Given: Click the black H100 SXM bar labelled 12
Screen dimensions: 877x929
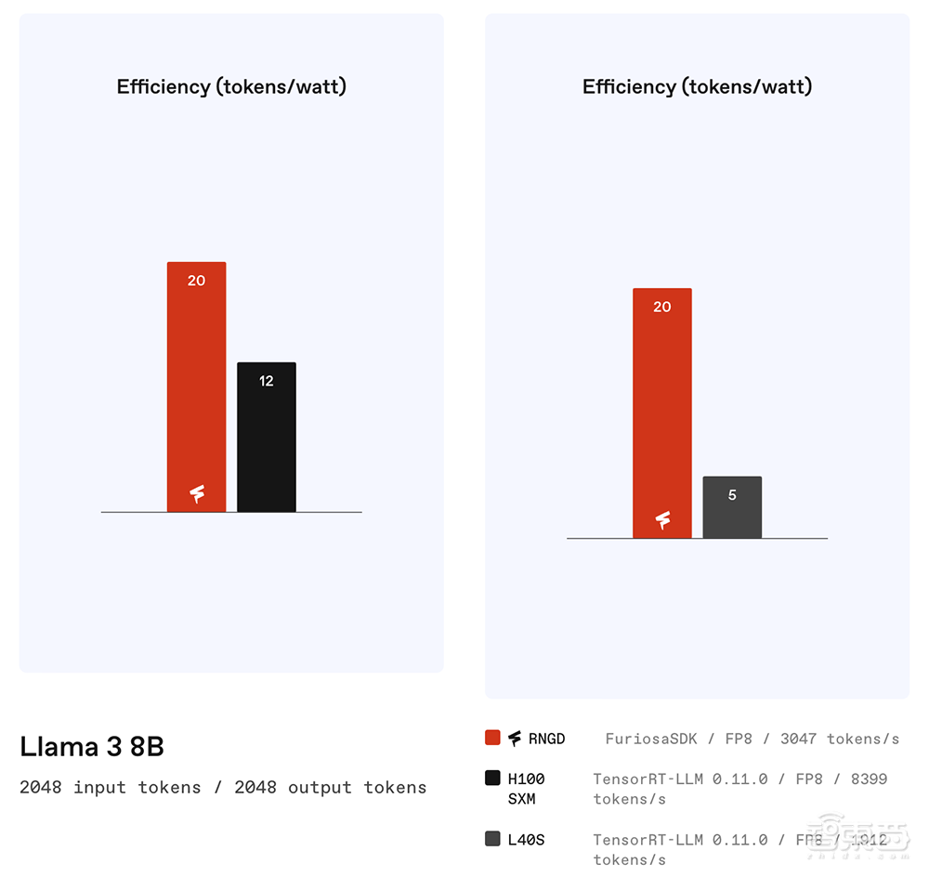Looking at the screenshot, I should coord(267,437).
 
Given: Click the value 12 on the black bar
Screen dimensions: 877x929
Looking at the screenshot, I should coord(267,381).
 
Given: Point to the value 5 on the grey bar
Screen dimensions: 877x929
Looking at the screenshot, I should coord(732,495).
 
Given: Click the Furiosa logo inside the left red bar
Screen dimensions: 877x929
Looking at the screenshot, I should coord(197,494).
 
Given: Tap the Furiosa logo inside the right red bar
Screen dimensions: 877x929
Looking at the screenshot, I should coord(662,520).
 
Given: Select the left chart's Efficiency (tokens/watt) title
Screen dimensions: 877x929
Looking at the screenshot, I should coord(231,87).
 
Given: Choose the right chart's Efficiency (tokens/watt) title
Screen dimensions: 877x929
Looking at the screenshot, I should coord(697,87).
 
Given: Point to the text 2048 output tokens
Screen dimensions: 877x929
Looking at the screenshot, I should coord(331,788).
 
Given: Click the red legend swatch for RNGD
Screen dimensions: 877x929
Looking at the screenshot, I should coord(492,738).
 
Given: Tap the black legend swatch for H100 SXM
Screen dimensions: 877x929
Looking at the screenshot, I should coord(492,779).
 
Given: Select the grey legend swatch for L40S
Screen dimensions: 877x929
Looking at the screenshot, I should coord(492,839).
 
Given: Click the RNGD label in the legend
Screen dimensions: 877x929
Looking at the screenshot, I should coord(546,740).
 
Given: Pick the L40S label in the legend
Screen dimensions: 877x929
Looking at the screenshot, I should coord(526,840).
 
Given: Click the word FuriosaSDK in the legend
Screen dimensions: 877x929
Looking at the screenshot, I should coord(649,740).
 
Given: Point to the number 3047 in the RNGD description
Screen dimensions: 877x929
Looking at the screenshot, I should coord(798,740).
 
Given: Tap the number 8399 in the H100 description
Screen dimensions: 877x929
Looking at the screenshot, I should coord(869,779).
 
